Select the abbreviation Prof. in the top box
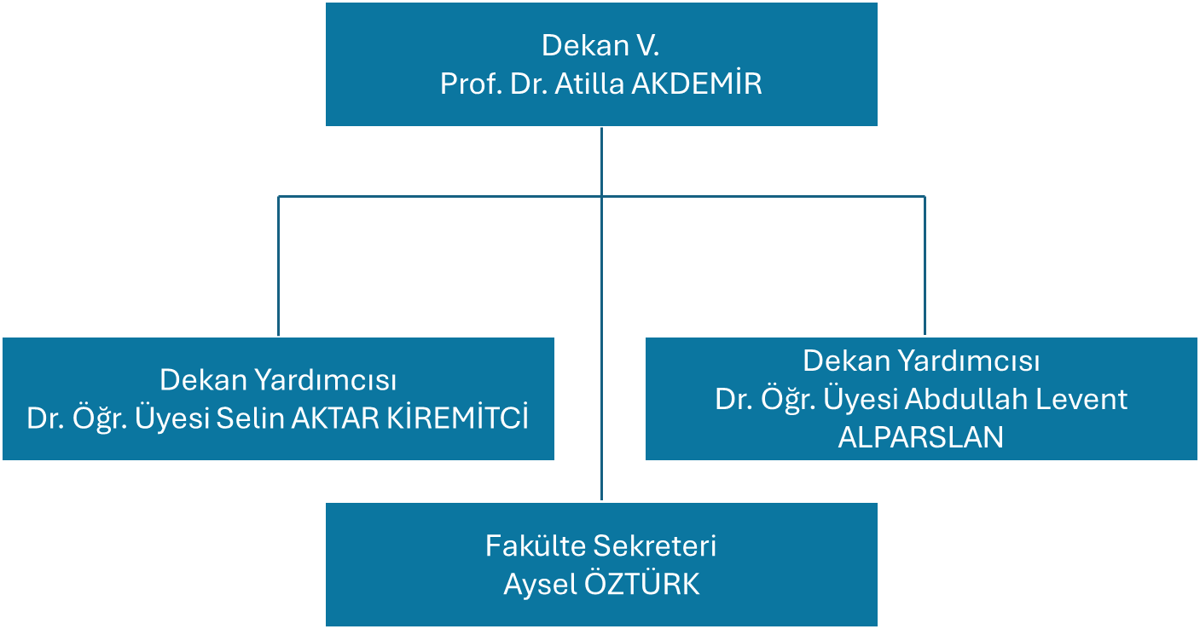[x=471, y=84]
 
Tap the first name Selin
[x=250, y=418]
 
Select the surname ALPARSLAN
[x=920, y=437]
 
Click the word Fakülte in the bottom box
[x=535, y=545]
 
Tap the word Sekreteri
[x=655, y=545]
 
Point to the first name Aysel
[x=540, y=585]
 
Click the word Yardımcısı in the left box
[x=325, y=381]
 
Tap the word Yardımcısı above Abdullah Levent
[x=969, y=361]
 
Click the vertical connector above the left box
[x=279, y=266]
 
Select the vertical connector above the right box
[x=925, y=266]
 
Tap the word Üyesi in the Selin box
[x=171, y=417]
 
